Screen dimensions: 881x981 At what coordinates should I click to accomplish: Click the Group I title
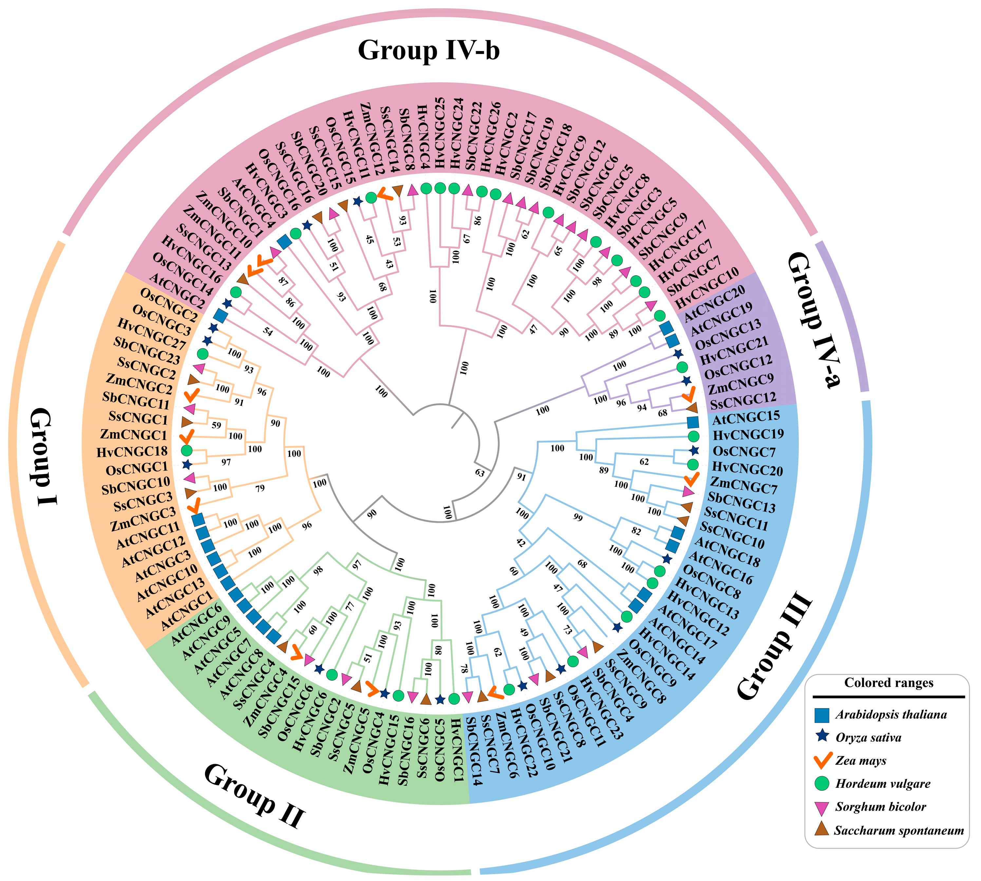point(45,456)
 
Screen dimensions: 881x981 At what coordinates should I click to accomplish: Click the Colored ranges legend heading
point(889,683)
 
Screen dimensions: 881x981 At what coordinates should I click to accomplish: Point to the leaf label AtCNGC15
point(746,417)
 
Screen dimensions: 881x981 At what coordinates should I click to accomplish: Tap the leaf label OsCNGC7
point(744,452)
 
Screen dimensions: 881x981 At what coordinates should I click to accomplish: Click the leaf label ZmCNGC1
point(133,435)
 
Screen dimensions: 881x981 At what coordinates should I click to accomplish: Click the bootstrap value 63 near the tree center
point(479,472)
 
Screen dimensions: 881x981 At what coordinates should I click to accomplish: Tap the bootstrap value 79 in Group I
point(260,488)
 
